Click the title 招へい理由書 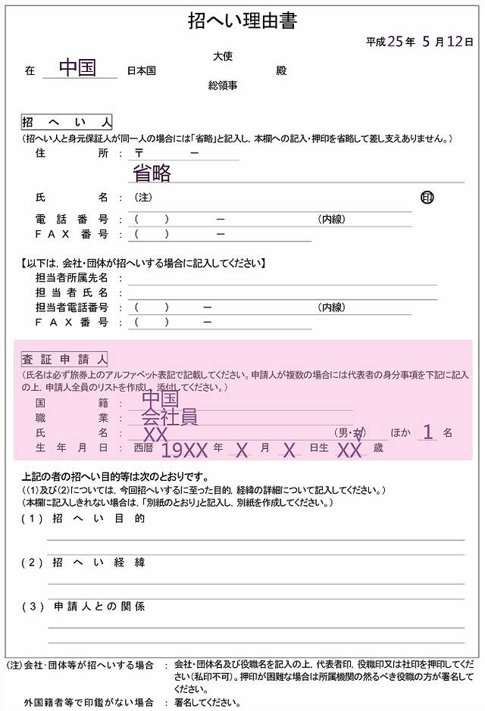(242, 21)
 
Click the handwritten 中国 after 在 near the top (77, 68)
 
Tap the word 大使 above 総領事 (223, 56)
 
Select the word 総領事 (223, 86)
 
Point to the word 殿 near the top (281, 70)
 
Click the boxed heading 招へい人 (67, 123)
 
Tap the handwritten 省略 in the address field (152, 173)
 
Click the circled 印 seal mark (427, 198)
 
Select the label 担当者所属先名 (71, 278)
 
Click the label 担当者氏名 (71, 293)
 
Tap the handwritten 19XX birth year (185, 451)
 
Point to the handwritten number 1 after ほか (428, 432)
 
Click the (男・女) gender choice (350, 432)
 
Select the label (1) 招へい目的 (83, 519)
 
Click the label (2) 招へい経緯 (83, 563)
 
